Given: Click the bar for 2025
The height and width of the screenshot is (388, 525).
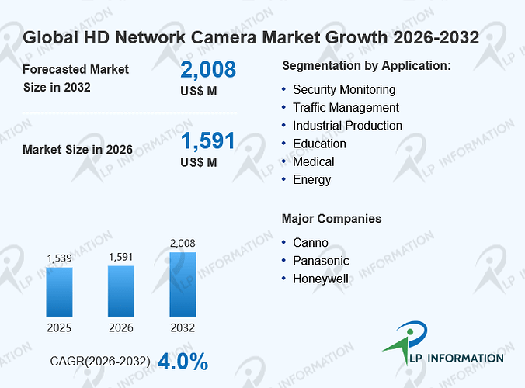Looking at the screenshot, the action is [x=59, y=292].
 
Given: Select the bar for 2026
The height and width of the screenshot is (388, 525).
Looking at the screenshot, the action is [x=121, y=291].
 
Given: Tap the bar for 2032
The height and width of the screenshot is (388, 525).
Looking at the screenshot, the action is [x=183, y=285].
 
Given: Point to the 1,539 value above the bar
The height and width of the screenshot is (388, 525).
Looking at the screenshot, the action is [x=59, y=258].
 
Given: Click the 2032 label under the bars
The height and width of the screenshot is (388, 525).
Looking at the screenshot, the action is [x=183, y=327].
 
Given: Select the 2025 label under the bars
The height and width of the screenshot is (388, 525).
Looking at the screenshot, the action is [x=59, y=327].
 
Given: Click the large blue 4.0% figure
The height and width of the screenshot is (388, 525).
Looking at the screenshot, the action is [x=183, y=362].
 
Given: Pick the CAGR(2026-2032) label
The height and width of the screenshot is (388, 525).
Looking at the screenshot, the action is [x=100, y=362].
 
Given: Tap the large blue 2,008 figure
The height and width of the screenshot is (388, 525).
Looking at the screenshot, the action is [x=208, y=70].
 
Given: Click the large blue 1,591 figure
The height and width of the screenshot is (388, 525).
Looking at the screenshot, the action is [x=208, y=140].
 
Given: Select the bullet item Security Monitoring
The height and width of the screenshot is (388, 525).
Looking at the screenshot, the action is [x=344, y=90].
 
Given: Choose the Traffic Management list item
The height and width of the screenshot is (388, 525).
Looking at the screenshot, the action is [x=346, y=108].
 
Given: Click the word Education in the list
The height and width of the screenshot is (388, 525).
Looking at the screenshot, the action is [x=319, y=144].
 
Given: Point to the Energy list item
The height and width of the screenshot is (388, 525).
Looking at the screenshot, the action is [x=311, y=180].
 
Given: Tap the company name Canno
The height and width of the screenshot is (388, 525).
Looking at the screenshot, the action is [x=311, y=243].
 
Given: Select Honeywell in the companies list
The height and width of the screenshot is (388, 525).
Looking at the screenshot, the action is [x=321, y=279].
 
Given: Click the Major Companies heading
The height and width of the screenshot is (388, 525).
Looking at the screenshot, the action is [x=332, y=219].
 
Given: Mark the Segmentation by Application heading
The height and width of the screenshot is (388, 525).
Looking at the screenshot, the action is [x=367, y=66].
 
